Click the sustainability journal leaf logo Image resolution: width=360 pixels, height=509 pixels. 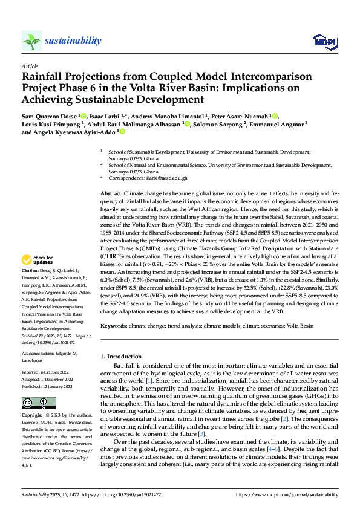pos(31,41)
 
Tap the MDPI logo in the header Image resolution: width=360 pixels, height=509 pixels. pos(324,41)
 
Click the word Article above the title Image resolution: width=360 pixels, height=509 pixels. pos(30,65)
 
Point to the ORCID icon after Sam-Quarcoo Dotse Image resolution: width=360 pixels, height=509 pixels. pos(84,115)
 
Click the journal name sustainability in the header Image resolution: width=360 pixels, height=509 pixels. pos(73,40)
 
